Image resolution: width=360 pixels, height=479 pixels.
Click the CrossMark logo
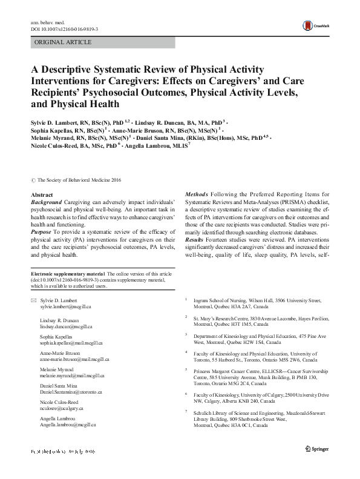318,25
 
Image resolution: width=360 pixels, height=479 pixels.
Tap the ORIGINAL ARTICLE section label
62,42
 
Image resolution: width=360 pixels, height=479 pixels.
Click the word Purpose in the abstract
42,232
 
